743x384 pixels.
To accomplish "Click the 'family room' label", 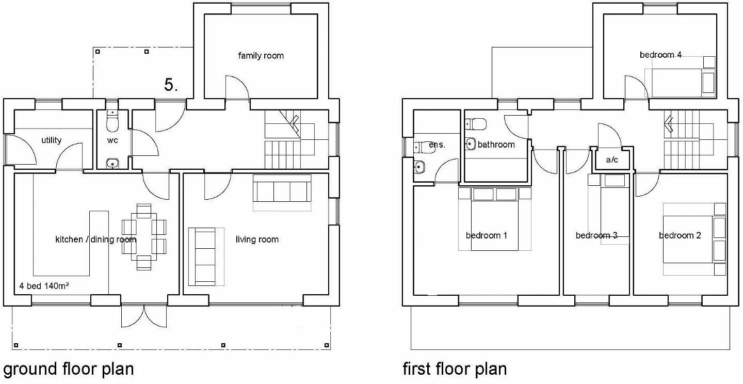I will (x=261, y=55).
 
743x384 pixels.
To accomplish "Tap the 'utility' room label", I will (x=51, y=140).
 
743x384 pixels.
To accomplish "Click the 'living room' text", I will (x=257, y=239).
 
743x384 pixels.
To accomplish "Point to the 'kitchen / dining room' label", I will (x=95, y=239).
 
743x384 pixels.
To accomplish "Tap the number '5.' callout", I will (x=171, y=85).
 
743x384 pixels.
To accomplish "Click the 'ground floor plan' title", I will (x=68, y=370).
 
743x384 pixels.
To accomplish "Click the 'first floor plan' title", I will (x=455, y=370).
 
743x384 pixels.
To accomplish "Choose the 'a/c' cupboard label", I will (x=612, y=160).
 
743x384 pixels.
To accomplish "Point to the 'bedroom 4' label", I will (x=660, y=55).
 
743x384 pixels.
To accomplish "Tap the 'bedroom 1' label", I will (x=486, y=235).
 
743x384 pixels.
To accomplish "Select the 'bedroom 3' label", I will (x=596, y=235).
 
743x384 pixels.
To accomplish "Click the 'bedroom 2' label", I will (x=680, y=235).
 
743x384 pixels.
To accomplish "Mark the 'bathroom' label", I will (x=496, y=145).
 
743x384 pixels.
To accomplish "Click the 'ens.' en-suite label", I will (x=437, y=145).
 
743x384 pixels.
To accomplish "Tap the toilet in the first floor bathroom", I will (x=475, y=124).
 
